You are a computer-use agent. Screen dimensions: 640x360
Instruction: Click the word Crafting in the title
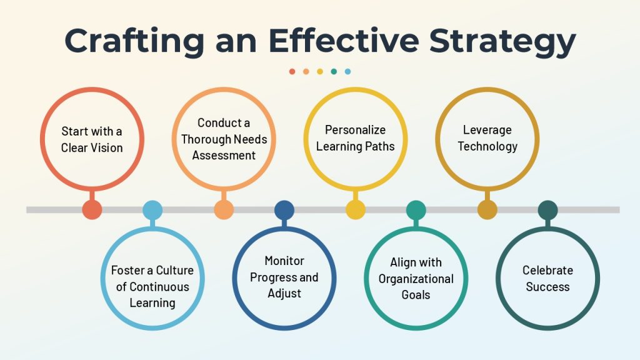click(x=134, y=41)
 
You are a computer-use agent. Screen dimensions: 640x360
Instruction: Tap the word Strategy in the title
click(x=502, y=41)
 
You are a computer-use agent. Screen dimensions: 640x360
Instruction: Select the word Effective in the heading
click(x=344, y=40)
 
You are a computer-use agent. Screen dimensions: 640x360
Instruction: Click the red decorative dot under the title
click(x=292, y=71)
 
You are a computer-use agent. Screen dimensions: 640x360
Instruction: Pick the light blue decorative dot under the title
click(x=347, y=71)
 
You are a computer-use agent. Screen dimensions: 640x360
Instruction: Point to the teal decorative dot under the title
click(x=334, y=71)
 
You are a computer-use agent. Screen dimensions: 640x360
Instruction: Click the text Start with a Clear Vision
click(x=92, y=139)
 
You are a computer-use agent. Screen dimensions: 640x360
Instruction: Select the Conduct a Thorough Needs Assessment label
click(x=224, y=139)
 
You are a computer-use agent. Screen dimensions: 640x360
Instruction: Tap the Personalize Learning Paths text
click(x=356, y=138)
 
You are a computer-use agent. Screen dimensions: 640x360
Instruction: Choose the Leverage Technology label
click(x=487, y=138)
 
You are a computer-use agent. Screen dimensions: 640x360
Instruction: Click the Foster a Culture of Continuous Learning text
click(x=152, y=286)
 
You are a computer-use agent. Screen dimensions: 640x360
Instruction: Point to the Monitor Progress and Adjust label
click(x=284, y=277)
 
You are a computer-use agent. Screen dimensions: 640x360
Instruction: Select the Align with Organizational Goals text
click(x=416, y=278)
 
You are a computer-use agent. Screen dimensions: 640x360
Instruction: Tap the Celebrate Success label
click(x=547, y=278)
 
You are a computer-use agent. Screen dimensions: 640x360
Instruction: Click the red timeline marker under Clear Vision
click(x=92, y=210)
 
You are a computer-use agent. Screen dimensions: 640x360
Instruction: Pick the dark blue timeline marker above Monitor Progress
click(x=284, y=210)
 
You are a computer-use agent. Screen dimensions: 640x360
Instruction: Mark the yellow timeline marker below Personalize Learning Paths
click(x=356, y=210)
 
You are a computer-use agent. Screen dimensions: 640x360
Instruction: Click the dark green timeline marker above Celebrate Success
click(x=547, y=210)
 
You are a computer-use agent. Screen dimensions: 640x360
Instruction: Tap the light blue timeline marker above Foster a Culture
click(x=152, y=210)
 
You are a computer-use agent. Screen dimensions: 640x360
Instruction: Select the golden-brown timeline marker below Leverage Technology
click(x=487, y=210)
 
